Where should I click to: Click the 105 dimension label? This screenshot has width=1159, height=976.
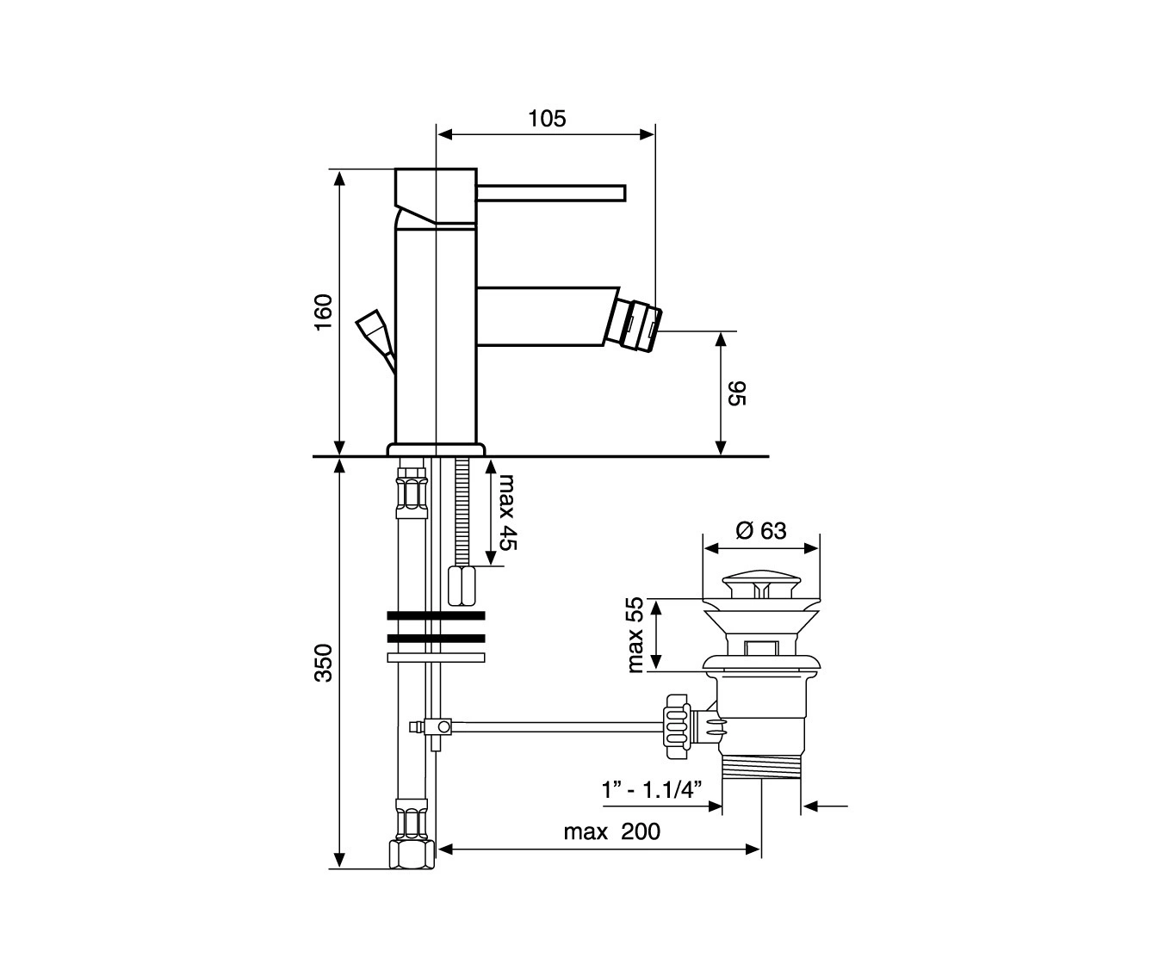(547, 119)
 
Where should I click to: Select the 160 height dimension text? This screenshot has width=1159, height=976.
(323, 312)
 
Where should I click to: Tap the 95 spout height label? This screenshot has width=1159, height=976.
(737, 393)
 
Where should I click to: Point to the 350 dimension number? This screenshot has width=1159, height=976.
(323, 663)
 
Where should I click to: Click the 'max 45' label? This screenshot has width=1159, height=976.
(508, 512)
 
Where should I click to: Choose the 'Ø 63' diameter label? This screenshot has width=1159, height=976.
(761, 531)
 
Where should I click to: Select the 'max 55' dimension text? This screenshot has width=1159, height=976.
(635, 635)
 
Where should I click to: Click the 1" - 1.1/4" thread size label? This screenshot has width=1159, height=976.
(652, 789)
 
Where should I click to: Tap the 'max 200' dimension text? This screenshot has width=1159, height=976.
(611, 831)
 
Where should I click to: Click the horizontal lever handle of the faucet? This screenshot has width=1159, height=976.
(550, 193)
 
